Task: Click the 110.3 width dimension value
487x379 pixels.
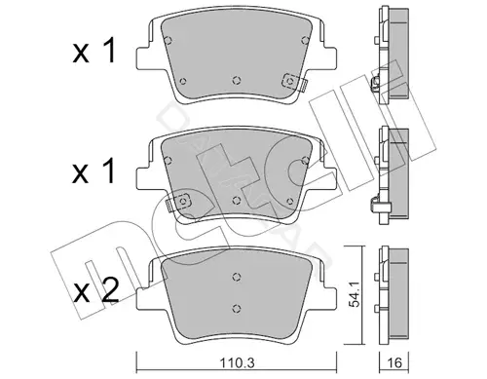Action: point(237,362)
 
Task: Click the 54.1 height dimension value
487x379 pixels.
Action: point(354,294)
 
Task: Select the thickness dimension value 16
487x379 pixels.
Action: point(394,362)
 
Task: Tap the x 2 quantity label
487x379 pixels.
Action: point(95,291)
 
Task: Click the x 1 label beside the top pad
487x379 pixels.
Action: point(94,51)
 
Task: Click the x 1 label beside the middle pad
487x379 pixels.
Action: point(94,171)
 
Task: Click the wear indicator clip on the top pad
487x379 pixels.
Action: point(294,82)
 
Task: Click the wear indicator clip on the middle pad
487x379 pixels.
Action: point(179,202)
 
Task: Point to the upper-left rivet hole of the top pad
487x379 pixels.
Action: point(168,40)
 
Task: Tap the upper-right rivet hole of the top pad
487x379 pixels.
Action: point(305,40)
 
